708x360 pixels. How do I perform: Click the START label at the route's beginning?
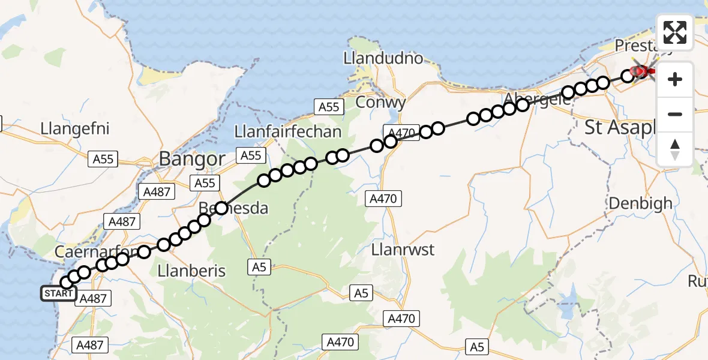click(x=58, y=293)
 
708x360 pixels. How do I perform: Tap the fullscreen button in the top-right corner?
click(x=675, y=32)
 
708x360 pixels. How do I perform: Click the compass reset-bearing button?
click(x=675, y=149)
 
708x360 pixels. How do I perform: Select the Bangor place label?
click(x=191, y=159)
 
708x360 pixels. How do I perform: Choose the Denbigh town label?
click(x=640, y=203)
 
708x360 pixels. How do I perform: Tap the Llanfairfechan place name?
click(x=288, y=132)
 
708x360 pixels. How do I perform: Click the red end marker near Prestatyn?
click(x=641, y=72)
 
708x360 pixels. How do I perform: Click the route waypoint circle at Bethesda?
click(x=222, y=208)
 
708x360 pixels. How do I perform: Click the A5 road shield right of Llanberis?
click(x=259, y=266)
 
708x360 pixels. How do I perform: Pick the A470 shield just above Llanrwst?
click(x=385, y=198)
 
